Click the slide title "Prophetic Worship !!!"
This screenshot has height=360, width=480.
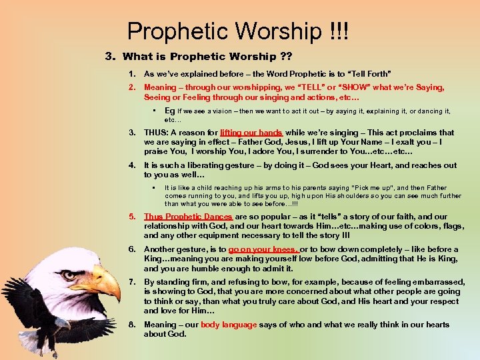coord(238,31)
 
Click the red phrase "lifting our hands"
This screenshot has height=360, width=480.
coord(251,133)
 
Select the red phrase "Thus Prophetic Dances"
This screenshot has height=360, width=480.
coord(188,217)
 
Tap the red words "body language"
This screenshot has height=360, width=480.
coord(229,325)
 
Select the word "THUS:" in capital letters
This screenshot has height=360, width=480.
coord(157,133)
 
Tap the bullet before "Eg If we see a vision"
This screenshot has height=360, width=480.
coord(153,111)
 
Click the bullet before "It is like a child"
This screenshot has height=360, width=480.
coord(153,188)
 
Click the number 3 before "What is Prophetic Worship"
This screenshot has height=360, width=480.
coord(109,57)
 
